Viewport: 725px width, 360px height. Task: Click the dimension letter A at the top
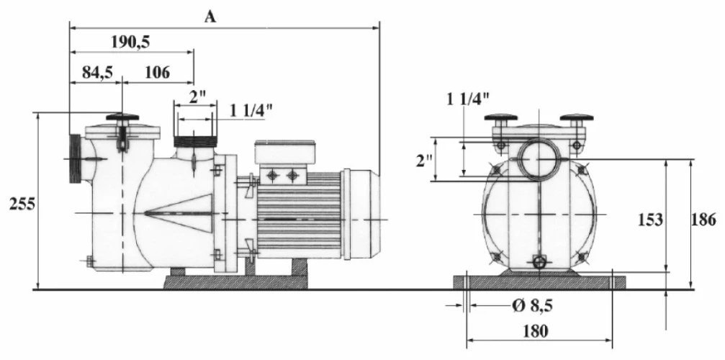click(x=210, y=17)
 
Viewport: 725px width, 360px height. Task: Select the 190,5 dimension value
click(x=130, y=42)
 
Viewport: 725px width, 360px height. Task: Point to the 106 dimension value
click(x=156, y=72)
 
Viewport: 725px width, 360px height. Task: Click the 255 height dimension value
click(x=22, y=203)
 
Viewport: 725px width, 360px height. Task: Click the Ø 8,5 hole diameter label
click(x=533, y=305)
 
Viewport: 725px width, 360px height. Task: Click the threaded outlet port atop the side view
click(x=195, y=142)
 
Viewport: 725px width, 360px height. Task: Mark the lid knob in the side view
click(x=122, y=117)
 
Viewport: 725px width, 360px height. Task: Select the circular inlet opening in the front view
click(x=539, y=158)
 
